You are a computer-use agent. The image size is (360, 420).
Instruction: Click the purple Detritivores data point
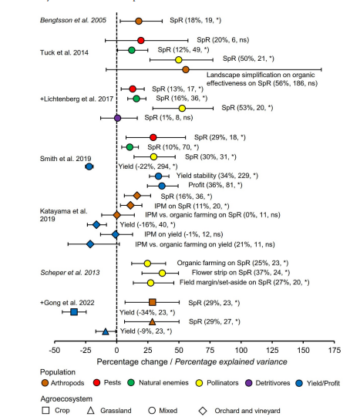(x=117, y=118)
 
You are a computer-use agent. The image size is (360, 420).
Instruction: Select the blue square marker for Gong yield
(x=74, y=312)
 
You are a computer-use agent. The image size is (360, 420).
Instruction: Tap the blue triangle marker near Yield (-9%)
(x=106, y=331)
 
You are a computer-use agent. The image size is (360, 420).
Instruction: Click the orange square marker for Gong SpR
(x=153, y=302)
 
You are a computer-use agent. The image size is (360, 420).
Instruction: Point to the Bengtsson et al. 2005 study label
(x=73, y=20)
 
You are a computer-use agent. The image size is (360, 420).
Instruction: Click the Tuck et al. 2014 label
(x=64, y=52)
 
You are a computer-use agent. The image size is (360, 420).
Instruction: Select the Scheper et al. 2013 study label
(x=70, y=273)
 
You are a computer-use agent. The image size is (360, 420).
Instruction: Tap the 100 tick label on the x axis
(x=241, y=350)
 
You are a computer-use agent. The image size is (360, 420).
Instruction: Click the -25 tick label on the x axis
(x=86, y=350)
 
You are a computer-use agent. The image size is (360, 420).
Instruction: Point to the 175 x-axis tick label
(x=335, y=350)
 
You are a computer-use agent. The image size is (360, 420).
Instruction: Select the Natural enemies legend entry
(x=158, y=383)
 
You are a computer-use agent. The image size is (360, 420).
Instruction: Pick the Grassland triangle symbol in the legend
(x=91, y=410)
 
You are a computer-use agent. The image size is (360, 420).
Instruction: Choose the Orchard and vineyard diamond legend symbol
(x=203, y=411)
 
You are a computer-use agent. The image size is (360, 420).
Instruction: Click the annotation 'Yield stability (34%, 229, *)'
(x=217, y=176)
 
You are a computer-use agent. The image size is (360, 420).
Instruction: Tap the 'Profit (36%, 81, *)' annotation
(x=215, y=185)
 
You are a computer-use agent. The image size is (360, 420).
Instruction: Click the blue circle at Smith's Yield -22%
(x=89, y=166)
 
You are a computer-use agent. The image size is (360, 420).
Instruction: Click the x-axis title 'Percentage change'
(x=132, y=362)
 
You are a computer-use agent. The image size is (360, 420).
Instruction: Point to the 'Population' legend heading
(x=58, y=372)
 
